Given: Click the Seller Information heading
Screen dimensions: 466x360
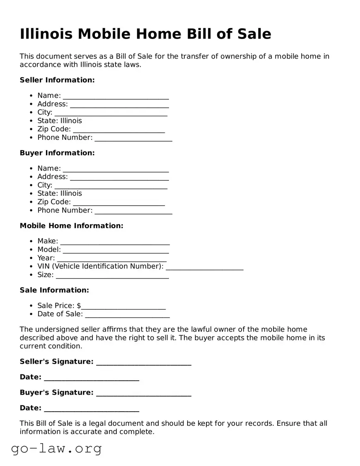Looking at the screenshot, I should click(x=57, y=80).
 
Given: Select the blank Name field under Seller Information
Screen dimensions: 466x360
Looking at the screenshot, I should click(x=116, y=96).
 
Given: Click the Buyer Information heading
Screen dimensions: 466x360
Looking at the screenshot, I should click(x=57, y=153).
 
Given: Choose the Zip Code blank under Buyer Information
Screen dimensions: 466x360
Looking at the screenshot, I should click(x=119, y=202).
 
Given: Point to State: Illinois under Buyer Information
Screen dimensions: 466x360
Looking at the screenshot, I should click(x=60, y=194).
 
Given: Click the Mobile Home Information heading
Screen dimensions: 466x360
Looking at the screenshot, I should click(x=71, y=226).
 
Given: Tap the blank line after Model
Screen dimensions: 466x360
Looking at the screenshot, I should click(x=116, y=250).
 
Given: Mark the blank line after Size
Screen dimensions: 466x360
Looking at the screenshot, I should click(x=112, y=275).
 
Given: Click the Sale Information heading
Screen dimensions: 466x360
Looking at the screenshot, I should click(x=54, y=290).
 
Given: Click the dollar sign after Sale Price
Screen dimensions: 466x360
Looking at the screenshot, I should click(x=79, y=306).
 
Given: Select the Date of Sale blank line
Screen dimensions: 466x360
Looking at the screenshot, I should click(x=127, y=315).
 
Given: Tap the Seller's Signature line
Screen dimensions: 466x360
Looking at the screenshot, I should click(x=143, y=362).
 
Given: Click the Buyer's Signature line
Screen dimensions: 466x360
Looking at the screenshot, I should click(x=143, y=393).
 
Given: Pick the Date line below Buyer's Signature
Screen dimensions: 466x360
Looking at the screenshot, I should click(x=91, y=409).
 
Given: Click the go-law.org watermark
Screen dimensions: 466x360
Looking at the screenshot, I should click(x=56, y=448).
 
